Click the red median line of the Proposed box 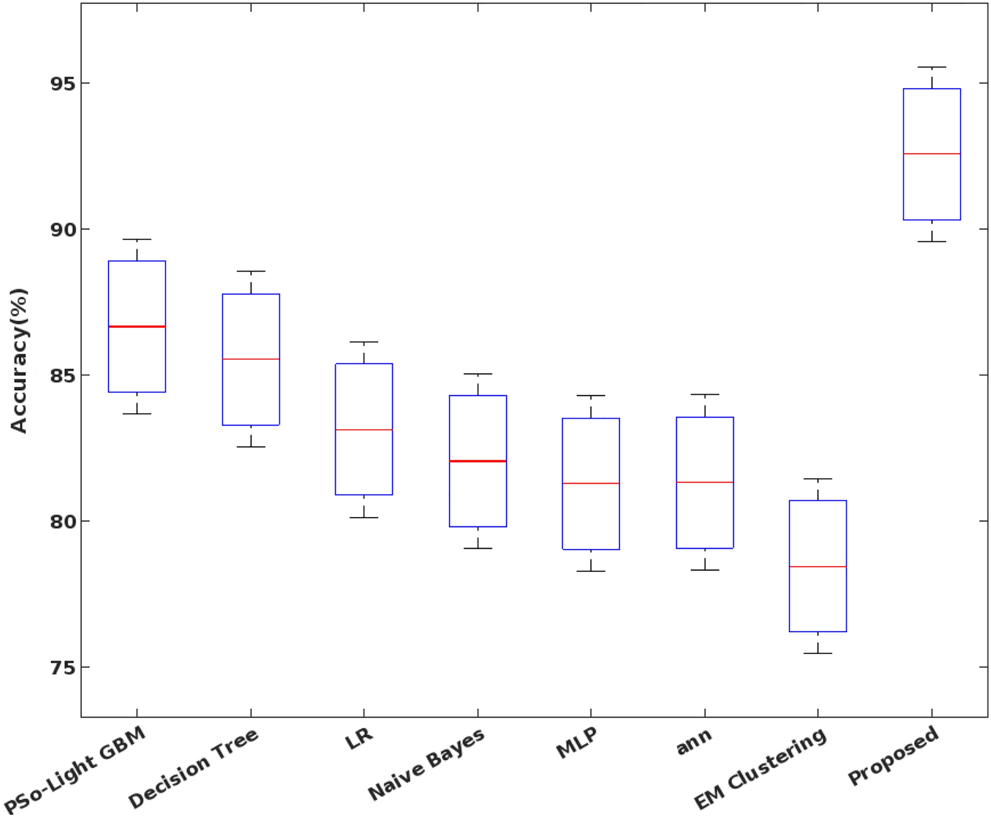[x=932, y=153]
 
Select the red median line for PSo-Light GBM [x=137, y=327]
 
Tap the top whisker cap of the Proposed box [x=932, y=67]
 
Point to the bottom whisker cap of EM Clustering [x=818, y=653]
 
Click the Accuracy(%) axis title [x=19, y=360]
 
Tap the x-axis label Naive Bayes [x=426, y=764]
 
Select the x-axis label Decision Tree [x=193, y=769]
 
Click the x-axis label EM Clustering [x=760, y=769]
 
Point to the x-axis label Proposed [x=893, y=755]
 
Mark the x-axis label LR [x=359, y=738]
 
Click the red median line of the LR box [x=364, y=430]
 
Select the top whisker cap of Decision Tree [x=251, y=271]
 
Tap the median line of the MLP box [x=590, y=483]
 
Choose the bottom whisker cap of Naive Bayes [x=477, y=548]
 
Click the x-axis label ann [x=694, y=742]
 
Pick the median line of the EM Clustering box [x=818, y=567]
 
